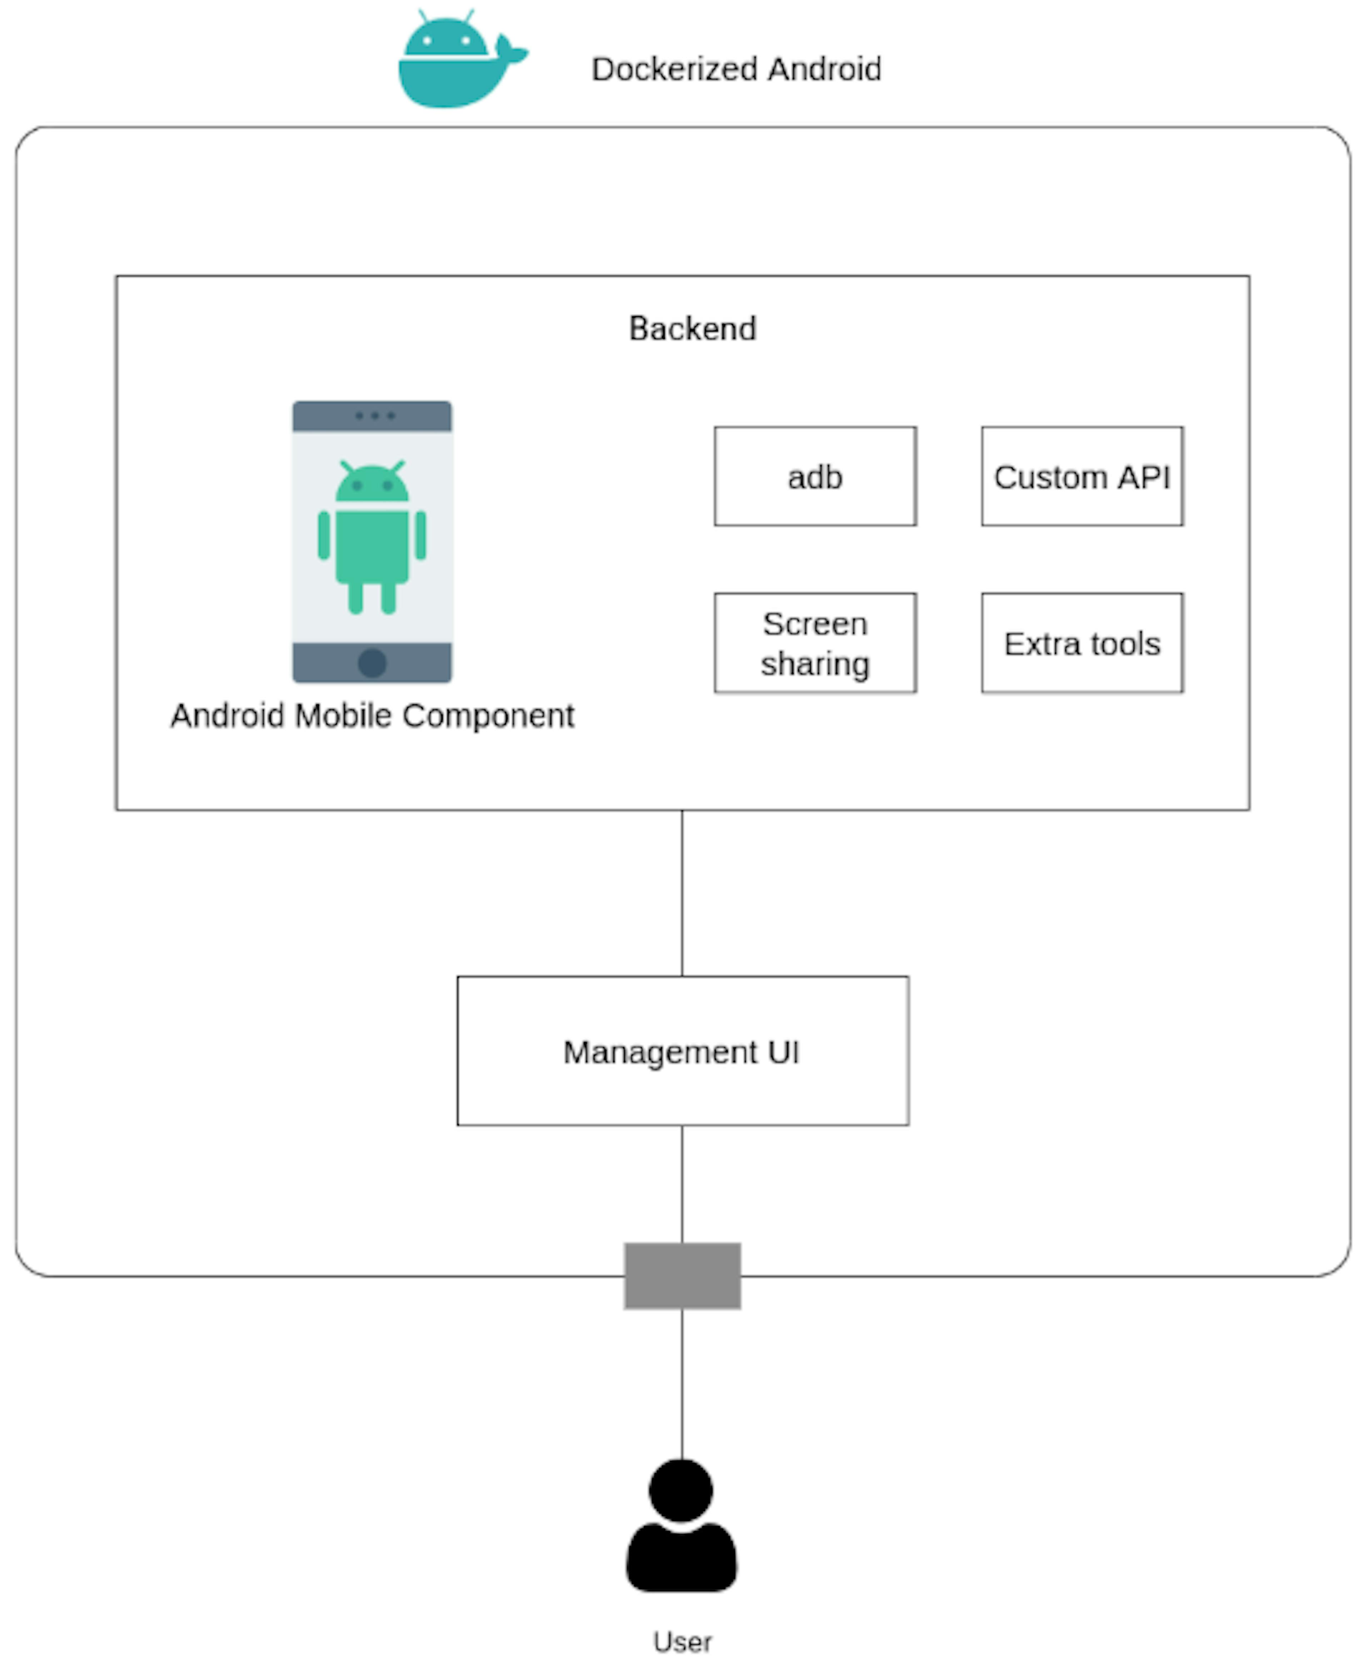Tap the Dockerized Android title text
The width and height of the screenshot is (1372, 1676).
pyautogui.click(x=736, y=70)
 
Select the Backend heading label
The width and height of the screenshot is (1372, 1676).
pyautogui.click(x=692, y=328)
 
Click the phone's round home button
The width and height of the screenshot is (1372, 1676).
pyautogui.click(x=372, y=663)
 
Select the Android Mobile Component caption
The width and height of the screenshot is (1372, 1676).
pyautogui.click(x=372, y=716)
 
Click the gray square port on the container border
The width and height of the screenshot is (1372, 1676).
pyautogui.click(x=682, y=1275)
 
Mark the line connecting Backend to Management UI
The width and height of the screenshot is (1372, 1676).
pyautogui.click(x=682, y=893)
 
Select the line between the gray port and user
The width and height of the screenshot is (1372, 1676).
pyautogui.click(x=682, y=1382)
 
